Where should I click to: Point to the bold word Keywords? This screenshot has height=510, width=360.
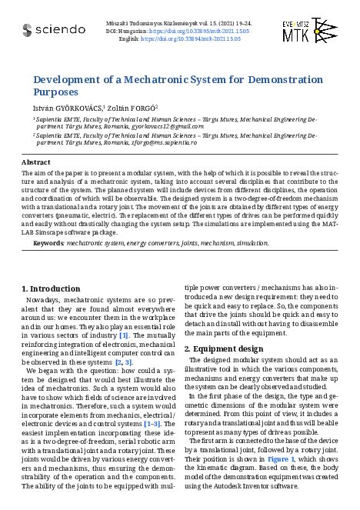pyautogui.click(x=48, y=243)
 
